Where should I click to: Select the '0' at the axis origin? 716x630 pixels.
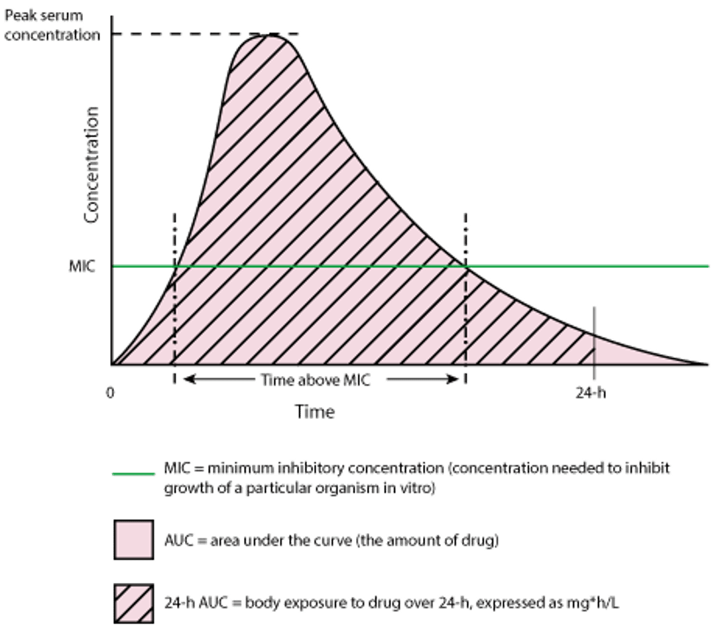tap(110, 391)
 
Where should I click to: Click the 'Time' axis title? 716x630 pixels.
tap(316, 412)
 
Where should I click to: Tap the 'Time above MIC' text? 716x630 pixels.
tap(316, 380)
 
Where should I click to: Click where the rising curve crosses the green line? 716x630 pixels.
tap(175, 267)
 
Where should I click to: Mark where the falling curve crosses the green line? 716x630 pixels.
tap(466, 267)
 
